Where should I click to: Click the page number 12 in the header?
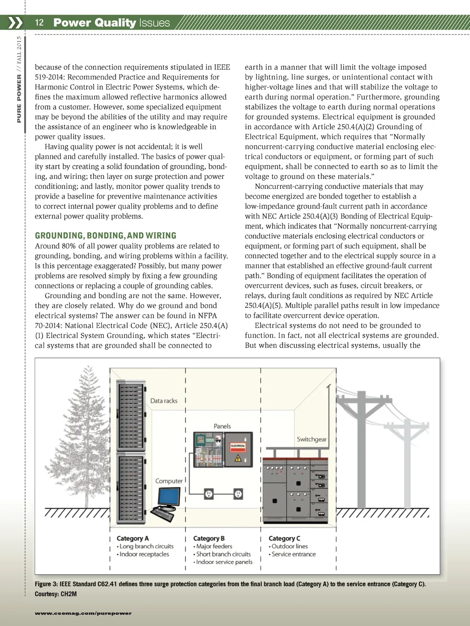(x=39, y=22)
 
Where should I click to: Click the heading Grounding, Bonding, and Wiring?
(x=106, y=236)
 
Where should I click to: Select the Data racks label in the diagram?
(x=163, y=401)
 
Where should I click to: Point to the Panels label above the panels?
(x=222, y=426)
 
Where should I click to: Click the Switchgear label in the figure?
(x=311, y=439)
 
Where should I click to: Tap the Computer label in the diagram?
(x=168, y=481)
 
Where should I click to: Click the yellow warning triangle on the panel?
(x=238, y=458)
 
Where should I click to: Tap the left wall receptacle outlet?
(x=209, y=494)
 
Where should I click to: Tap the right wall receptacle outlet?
(x=238, y=494)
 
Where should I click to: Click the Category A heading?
(x=132, y=538)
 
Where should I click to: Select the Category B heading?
(x=209, y=538)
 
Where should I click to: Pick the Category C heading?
(x=284, y=538)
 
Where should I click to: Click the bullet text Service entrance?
(x=293, y=554)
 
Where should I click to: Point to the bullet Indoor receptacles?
(x=144, y=554)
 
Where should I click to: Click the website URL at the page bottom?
(x=83, y=613)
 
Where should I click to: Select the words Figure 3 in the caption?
(x=46, y=584)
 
